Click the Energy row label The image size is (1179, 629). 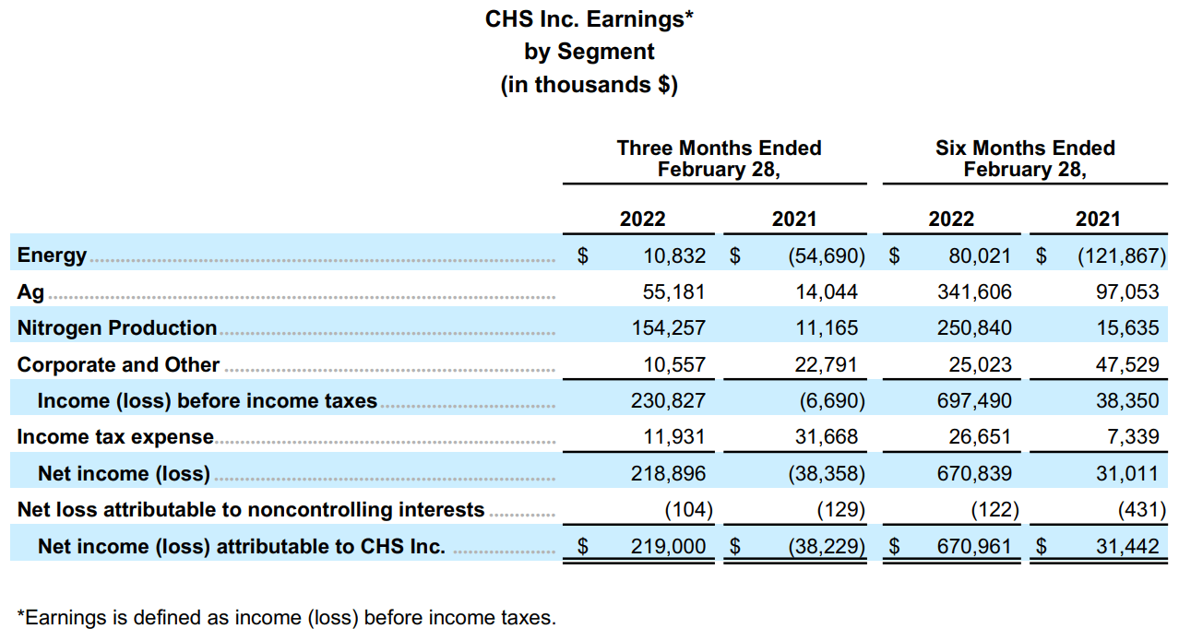tap(52, 255)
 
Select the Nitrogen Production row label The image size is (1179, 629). tap(117, 328)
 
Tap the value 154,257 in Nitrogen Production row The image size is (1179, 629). tap(673, 328)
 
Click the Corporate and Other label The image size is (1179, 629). tap(118, 364)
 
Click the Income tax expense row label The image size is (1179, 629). tap(115, 437)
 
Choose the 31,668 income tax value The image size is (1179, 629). tap(827, 437)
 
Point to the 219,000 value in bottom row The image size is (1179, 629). tap(669, 547)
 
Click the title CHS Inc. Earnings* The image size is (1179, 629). tap(589, 18)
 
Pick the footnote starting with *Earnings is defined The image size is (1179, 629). tap(287, 617)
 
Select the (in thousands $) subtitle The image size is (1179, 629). tap(589, 85)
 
